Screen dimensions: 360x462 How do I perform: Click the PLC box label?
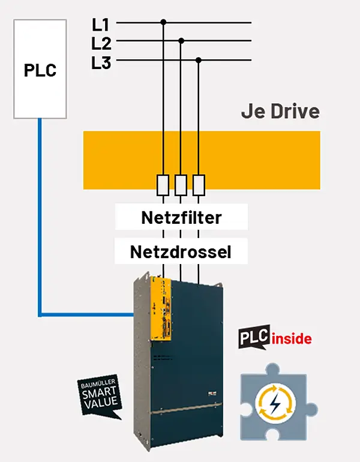(x=40, y=70)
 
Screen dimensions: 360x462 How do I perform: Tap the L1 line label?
(x=100, y=25)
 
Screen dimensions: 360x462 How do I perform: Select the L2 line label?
(x=101, y=44)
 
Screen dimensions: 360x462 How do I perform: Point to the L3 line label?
(x=101, y=63)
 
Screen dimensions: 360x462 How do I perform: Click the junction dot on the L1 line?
(x=164, y=22)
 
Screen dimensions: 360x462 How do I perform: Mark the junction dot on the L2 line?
(x=181, y=41)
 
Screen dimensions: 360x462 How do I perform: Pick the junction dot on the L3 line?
(x=199, y=61)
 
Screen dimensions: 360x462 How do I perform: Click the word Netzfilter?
(x=181, y=217)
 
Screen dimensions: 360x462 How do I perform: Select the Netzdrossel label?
(x=181, y=252)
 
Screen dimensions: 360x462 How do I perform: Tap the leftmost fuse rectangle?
(x=163, y=185)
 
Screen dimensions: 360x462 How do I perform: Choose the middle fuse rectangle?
(x=181, y=185)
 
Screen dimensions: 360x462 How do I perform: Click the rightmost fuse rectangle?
(x=199, y=185)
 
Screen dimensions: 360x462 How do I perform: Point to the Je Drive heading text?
(x=280, y=112)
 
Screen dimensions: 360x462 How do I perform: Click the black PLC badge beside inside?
(x=254, y=337)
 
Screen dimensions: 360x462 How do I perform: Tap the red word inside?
(x=292, y=339)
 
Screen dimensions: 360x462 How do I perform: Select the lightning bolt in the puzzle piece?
(x=275, y=403)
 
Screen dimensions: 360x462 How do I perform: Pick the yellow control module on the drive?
(x=161, y=310)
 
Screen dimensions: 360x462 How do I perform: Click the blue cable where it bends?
(x=40, y=314)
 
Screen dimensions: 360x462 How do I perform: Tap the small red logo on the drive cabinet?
(x=212, y=393)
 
